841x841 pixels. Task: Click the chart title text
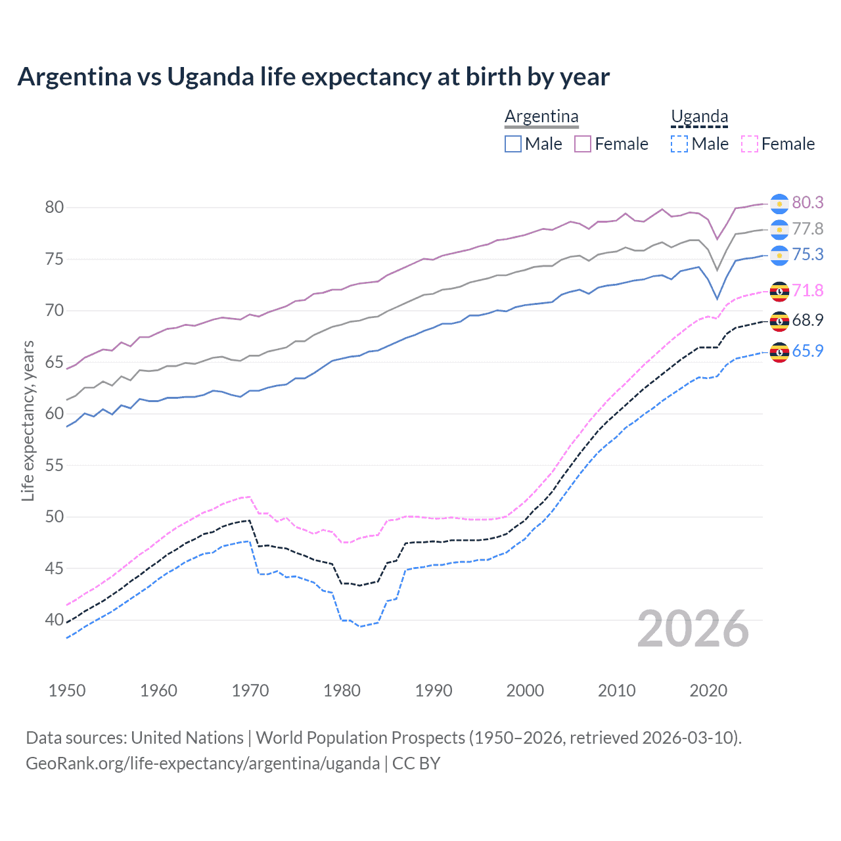coord(313,77)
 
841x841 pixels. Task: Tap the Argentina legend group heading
coord(541,116)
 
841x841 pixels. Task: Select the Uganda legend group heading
coord(699,116)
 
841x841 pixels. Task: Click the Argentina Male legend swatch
coord(513,144)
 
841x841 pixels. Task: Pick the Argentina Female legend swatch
coord(583,144)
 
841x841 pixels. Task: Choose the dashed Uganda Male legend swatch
coord(679,144)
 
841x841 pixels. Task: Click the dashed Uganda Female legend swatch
coord(750,144)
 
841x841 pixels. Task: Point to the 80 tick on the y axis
coord(54,208)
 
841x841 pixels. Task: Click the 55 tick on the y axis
coord(54,465)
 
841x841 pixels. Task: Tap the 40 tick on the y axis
coord(54,620)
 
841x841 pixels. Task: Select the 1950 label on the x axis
coord(67,691)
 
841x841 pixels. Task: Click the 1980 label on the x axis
coord(342,691)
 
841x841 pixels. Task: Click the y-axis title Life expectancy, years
coord(28,420)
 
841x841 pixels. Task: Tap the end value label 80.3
coord(807,203)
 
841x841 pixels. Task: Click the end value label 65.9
coord(807,351)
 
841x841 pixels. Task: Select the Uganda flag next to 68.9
coord(779,321)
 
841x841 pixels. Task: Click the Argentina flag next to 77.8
coord(779,229)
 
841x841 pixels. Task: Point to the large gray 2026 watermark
coord(693,629)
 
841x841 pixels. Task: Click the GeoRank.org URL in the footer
coord(202,763)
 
